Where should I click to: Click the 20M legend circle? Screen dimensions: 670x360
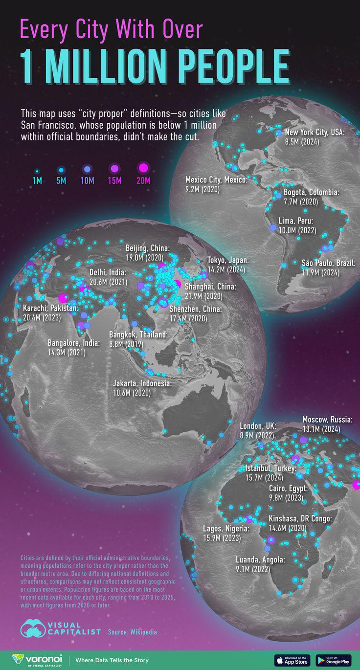pyautogui.click(x=143, y=169)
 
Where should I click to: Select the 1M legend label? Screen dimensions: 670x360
pyautogui.click(x=37, y=181)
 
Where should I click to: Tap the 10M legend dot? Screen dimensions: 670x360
pyautogui.click(x=87, y=169)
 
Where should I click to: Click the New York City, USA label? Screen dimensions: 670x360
pyautogui.click(x=315, y=133)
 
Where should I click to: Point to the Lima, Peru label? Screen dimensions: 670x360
pyautogui.click(x=295, y=221)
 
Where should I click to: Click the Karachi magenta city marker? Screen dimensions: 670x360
pyautogui.click(x=63, y=298)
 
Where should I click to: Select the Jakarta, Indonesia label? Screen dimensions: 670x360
pyautogui.click(x=142, y=384)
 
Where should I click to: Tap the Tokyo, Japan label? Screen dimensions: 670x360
pyautogui.click(x=228, y=260)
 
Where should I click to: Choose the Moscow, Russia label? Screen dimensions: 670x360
pyautogui.click(x=327, y=420)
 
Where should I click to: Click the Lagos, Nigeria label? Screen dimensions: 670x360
pyautogui.click(x=226, y=529)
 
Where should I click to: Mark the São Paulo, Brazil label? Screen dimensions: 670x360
pyautogui.click(x=328, y=264)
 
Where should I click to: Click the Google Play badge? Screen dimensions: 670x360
pyautogui.click(x=334, y=660)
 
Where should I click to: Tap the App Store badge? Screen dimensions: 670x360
pyautogui.click(x=292, y=660)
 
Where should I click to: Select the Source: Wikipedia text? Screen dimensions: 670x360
pyautogui.click(x=133, y=632)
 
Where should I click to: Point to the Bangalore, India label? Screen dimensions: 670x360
pyautogui.click(x=74, y=343)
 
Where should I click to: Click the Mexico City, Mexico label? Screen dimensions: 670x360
pyautogui.click(x=217, y=180)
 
